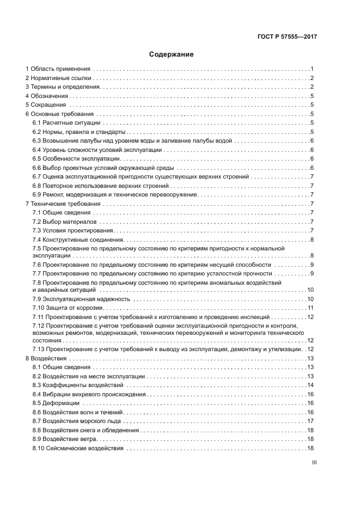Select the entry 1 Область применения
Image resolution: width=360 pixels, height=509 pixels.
tap(58, 69)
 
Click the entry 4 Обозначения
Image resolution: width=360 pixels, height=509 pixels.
tap(50, 96)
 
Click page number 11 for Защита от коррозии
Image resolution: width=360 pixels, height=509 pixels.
tap(310, 308)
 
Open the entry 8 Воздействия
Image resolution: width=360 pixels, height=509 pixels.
tap(46, 359)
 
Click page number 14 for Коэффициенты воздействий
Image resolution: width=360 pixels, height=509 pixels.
tap(310, 385)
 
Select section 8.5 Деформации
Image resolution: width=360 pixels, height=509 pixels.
tap(56, 403)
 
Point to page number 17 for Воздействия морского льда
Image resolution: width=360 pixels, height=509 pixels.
tap(310, 421)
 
